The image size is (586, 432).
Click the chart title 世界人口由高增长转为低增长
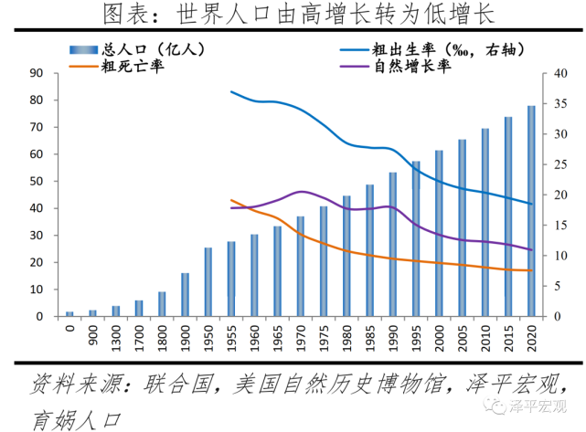pos(293,16)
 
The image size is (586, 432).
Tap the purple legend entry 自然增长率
pos(417,66)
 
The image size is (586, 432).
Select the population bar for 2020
pos(531,211)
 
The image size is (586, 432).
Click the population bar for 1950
pos(208,282)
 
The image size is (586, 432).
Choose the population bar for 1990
pos(393,244)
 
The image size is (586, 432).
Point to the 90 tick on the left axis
pos(39,73)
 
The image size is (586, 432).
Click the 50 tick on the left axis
pos(39,181)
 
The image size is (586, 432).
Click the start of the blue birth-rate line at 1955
pos(231,91)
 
